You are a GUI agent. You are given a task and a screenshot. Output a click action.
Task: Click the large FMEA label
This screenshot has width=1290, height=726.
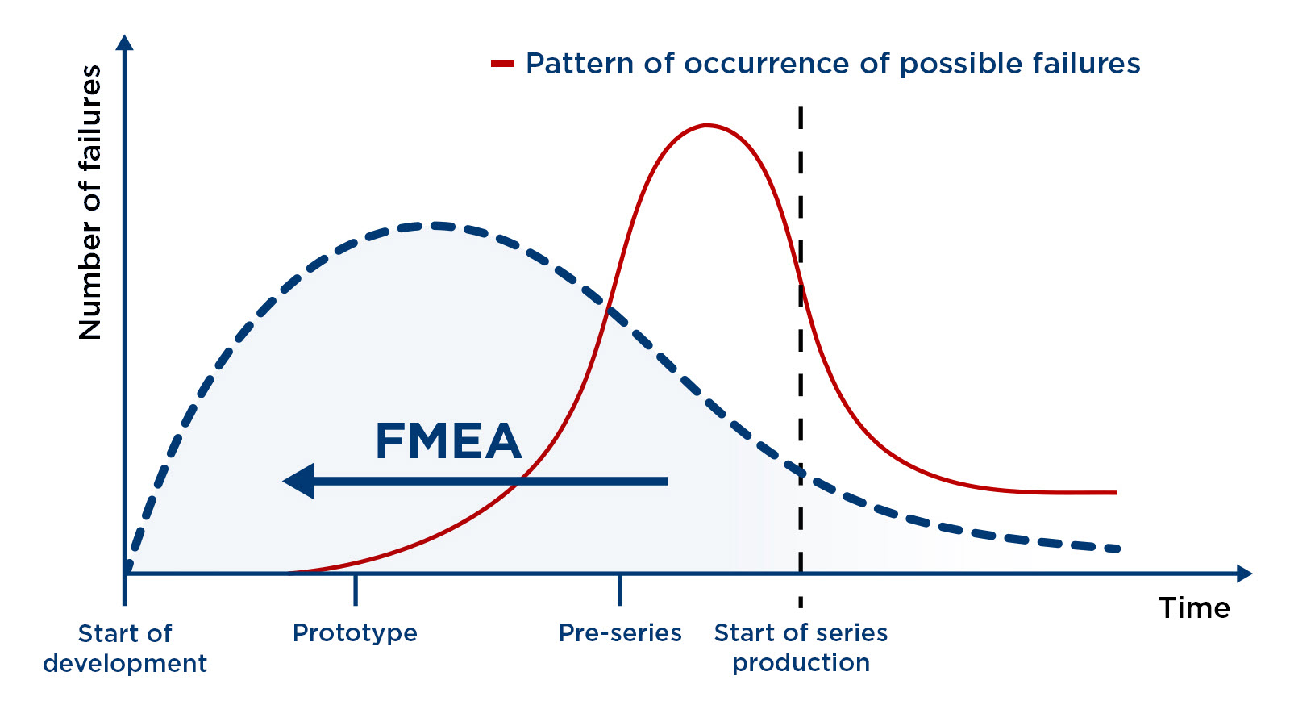click(448, 441)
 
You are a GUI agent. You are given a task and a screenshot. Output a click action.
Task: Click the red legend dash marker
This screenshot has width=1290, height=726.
click(502, 64)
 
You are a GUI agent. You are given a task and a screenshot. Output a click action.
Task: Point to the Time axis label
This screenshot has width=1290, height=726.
click(1194, 607)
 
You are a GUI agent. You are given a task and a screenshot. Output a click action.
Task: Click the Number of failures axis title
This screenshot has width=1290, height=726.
click(90, 202)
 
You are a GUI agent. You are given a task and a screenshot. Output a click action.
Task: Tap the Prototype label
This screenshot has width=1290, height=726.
click(355, 632)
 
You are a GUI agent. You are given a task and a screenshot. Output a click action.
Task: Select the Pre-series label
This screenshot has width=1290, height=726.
click(620, 632)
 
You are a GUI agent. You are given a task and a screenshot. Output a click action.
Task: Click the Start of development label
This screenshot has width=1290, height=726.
click(125, 648)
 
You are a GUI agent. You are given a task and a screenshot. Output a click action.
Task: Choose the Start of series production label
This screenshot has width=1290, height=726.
click(801, 647)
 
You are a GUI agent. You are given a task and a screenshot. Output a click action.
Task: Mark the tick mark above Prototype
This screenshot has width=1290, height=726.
click(356, 589)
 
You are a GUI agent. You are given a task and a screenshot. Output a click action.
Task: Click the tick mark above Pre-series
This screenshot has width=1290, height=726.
click(620, 589)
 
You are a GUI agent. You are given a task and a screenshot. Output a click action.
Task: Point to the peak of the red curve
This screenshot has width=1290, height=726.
click(707, 125)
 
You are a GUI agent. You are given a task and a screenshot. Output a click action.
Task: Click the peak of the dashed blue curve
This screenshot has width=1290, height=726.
click(433, 225)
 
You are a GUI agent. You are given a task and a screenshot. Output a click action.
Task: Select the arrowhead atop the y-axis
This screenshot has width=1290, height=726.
click(125, 43)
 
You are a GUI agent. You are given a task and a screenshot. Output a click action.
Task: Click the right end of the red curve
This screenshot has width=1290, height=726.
click(1115, 492)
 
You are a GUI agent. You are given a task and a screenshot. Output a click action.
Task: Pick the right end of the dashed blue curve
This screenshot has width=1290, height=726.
click(1117, 549)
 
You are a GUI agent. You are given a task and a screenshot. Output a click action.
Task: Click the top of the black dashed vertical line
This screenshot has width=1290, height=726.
click(801, 110)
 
